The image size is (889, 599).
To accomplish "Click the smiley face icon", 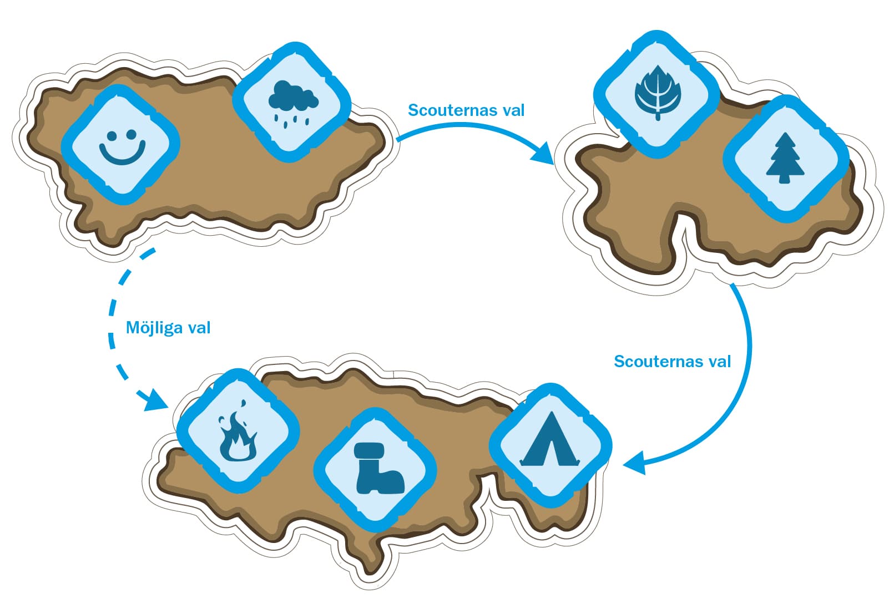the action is [122, 147].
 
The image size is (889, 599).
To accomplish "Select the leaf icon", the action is [658, 93].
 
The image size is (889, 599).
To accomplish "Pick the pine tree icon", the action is [785, 158].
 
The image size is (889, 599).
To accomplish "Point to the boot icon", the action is [380, 469].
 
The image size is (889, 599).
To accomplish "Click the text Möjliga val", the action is [168, 328].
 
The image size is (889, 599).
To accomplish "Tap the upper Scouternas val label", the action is [466, 110].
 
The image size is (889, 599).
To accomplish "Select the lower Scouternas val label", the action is [672, 362].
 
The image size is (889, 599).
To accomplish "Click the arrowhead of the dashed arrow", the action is [155, 399].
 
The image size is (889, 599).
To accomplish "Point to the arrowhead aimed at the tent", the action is [635, 463].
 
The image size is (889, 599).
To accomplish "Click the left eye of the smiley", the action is [112, 136].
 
